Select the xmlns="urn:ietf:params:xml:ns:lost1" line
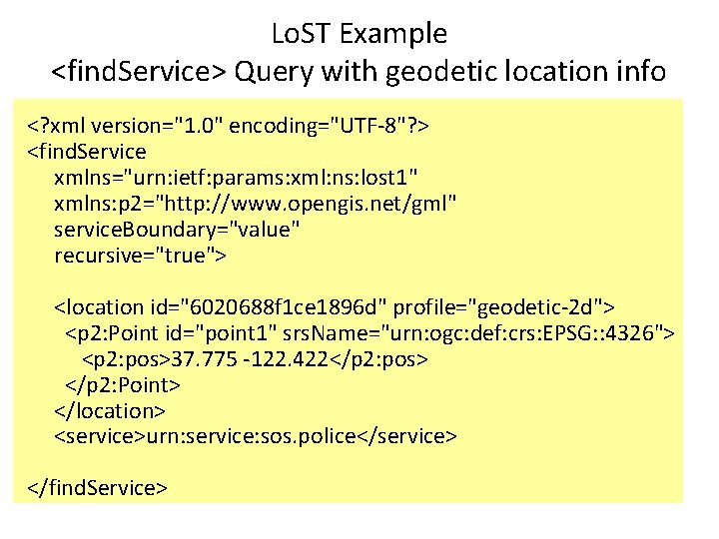[x=237, y=178]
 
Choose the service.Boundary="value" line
[x=177, y=230]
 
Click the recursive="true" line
[x=141, y=256]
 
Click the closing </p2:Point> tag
[x=122, y=384]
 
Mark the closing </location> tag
[x=110, y=410]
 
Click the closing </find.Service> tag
[x=97, y=488]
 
